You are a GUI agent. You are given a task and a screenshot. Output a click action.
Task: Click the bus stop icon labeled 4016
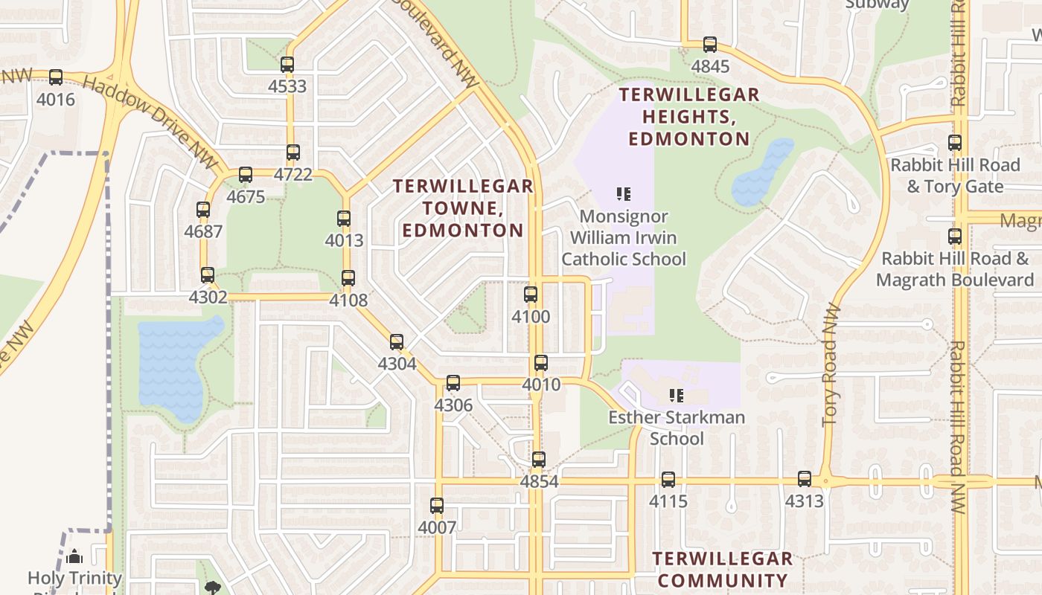point(56,77)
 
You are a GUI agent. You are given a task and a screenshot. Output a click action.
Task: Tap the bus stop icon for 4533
point(287,65)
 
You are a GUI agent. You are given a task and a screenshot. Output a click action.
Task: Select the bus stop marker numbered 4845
point(710,45)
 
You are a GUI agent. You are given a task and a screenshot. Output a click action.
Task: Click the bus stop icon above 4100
point(531,295)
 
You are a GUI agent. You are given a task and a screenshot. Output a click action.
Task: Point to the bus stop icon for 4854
point(539,460)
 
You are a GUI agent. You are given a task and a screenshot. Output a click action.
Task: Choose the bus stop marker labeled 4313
point(805,479)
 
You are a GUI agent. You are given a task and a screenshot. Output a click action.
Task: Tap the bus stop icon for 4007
point(437,506)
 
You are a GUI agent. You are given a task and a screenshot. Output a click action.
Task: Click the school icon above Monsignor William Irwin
point(624,195)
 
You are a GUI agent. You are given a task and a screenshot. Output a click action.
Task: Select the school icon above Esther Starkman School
point(676,395)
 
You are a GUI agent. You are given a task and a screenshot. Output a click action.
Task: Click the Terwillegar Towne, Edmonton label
point(463,208)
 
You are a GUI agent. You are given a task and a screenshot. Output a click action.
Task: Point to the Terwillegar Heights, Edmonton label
point(689,117)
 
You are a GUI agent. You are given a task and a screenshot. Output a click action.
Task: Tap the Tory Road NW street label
point(832,364)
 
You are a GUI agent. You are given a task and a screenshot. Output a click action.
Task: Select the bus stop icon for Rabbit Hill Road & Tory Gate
point(955,143)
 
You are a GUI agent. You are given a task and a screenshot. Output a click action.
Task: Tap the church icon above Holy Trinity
point(74,556)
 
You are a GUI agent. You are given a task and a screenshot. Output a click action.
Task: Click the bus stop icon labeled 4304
point(397,342)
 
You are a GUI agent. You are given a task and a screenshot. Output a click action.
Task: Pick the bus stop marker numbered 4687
point(203,210)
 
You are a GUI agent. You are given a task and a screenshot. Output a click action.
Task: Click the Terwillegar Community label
point(722,570)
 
